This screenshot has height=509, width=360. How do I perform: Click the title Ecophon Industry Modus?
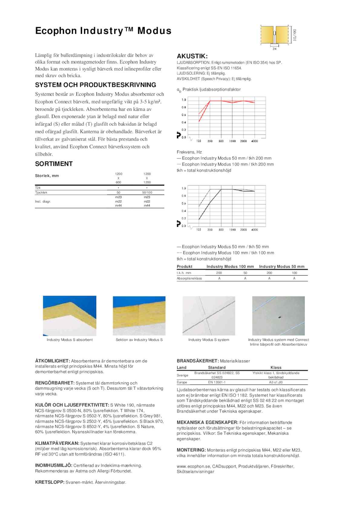click(x=103, y=31)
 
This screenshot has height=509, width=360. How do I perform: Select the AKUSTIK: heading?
click(x=192, y=56)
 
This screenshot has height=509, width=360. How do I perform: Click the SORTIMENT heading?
click(x=54, y=164)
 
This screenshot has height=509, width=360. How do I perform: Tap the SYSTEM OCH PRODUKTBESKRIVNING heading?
click(x=96, y=85)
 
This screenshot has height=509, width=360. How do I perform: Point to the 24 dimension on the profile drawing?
click(x=274, y=49)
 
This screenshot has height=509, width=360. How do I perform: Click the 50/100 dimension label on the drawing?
click(x=295, y=35)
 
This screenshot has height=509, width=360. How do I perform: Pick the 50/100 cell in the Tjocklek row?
click(x=147, y=193)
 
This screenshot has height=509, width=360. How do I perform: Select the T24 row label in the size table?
click(x=38, y=188)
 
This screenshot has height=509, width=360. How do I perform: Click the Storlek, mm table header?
click(x=47, y=176)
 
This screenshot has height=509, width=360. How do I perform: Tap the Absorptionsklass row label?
click(x=189, y=278)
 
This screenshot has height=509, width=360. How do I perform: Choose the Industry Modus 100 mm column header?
click(x=230, y=267)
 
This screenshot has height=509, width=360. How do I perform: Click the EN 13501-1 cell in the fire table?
click(x=217, y=382)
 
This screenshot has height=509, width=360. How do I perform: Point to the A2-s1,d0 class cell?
click(x=276, y=382)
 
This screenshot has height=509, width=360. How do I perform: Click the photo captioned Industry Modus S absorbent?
click(x=70, y=316)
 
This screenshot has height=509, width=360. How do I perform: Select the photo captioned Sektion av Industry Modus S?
click(x=139, y=316)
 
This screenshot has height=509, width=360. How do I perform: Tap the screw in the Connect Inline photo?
click(x=279, y=317)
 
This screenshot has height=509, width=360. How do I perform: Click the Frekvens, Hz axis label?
click(x=189, y=152)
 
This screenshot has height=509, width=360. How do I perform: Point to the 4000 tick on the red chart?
click(x=255, y=141)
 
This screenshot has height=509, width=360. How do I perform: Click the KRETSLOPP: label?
click(x=50, y=482)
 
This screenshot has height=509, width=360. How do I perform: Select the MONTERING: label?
click(x=191, y=450)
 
